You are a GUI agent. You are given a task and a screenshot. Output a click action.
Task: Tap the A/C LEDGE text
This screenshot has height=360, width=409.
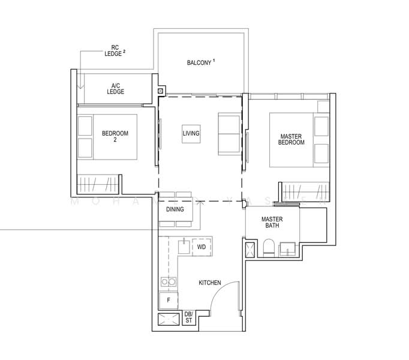click(x=115, y=88)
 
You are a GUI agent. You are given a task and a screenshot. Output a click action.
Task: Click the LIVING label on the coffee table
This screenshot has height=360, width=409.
click(x=191, y=133)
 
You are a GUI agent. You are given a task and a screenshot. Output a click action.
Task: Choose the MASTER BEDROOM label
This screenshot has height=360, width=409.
click(x=292, y=139)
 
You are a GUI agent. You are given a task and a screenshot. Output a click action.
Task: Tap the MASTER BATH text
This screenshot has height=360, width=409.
click(x=272, y=223)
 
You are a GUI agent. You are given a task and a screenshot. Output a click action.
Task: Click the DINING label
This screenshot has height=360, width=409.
click(x=175, y=209)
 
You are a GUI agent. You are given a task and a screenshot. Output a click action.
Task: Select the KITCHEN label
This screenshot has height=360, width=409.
click(x=210, y=283)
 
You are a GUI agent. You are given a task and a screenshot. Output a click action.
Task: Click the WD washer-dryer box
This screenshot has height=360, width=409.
click(x=202, y=247)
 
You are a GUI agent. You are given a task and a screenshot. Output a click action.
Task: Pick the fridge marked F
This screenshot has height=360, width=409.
click(x=169, y=299)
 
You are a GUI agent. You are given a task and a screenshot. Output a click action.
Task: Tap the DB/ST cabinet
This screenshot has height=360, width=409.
click(x=188, y=317)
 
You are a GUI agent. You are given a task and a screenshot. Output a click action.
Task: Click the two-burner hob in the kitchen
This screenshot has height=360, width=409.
click(x=169, y=281)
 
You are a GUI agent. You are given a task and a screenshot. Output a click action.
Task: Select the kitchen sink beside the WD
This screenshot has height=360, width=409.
click(x=183, y=245)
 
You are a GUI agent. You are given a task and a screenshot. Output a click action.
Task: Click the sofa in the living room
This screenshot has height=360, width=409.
click(x=228, y=133)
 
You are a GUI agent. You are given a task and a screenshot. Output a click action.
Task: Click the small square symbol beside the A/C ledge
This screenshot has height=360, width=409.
click(x=161, y=91)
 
